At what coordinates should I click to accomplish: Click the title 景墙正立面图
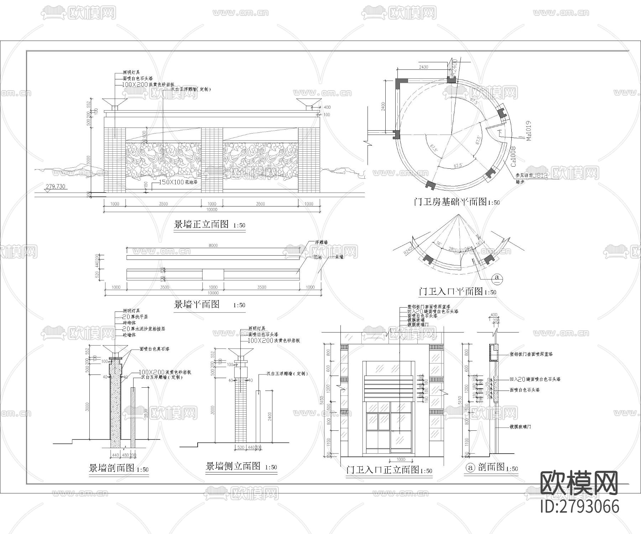coord(201,224)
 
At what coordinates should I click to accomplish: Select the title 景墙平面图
coord(197,304)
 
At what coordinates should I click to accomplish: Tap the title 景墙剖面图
coord(111,468)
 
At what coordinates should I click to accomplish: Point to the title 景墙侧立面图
coord(233,466)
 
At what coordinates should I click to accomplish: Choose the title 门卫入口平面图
coord(450,292)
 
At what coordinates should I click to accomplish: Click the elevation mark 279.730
coord(56,187)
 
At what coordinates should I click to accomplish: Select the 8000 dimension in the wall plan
coord(213,245)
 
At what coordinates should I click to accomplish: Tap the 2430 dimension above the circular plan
coord(423,67)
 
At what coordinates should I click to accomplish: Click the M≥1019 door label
coord(528,131)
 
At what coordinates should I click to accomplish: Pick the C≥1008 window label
coord(514,157)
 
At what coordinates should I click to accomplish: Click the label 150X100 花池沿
coord(172,182)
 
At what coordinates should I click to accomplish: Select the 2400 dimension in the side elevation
coord(270,417)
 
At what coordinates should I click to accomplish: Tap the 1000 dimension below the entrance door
coord(401,460)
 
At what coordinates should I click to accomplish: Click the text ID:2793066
coord(579,507)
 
